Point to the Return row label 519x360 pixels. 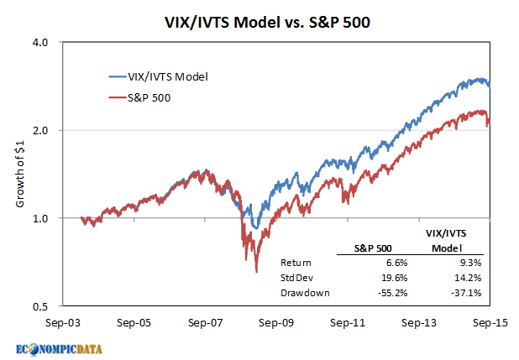pyautogui.click(x=296, y=263)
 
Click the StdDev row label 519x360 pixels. pyautogui.click(x=296, y=277)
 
